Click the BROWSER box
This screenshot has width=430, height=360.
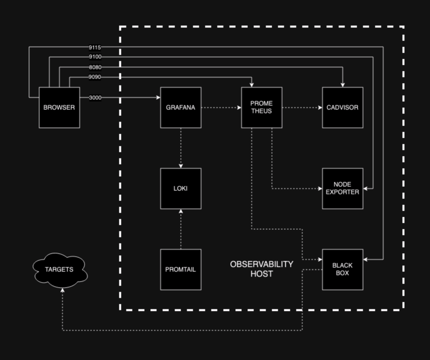(59, 107)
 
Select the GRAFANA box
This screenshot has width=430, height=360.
(181, 107)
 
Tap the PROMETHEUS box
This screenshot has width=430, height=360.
(262, 107)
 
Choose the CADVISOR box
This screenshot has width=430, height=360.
(342, 107)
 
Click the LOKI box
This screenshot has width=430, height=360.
(181, 188)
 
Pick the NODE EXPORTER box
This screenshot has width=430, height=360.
(342, 188)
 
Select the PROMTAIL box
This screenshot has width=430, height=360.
(181, 269)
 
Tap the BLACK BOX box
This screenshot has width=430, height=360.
(342, 269)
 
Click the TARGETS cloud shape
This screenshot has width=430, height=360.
(59, 269)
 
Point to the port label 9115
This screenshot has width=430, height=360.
(95, 47)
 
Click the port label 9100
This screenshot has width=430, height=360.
(95, 57)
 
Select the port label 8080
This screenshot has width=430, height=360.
(95, 67)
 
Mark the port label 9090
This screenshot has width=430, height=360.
(95, 77)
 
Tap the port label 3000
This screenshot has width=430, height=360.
(95, 98)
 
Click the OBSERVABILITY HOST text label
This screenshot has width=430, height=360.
(262, 269)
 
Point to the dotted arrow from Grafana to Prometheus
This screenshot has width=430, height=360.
(221, 108)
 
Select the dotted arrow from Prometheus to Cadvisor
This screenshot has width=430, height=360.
(302, 108)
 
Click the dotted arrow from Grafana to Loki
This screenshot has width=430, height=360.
(181, 148)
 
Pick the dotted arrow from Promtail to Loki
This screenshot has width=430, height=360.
(181, 229)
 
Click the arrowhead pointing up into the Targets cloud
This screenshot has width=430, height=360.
(62, 291)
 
